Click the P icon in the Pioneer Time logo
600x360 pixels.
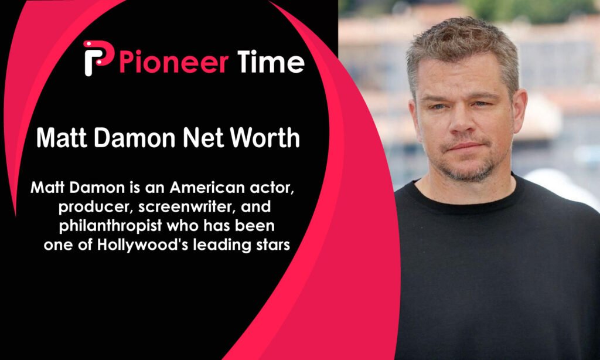[98, 57]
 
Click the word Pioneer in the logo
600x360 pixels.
[174, 62]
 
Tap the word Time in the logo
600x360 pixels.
[271, 62]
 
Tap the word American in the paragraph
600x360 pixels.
[207, 188]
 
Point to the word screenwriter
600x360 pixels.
[186, 207]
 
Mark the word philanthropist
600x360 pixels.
[111, 226]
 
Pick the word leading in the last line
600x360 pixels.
[220, 245]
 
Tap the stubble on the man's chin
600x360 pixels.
[469, 171]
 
